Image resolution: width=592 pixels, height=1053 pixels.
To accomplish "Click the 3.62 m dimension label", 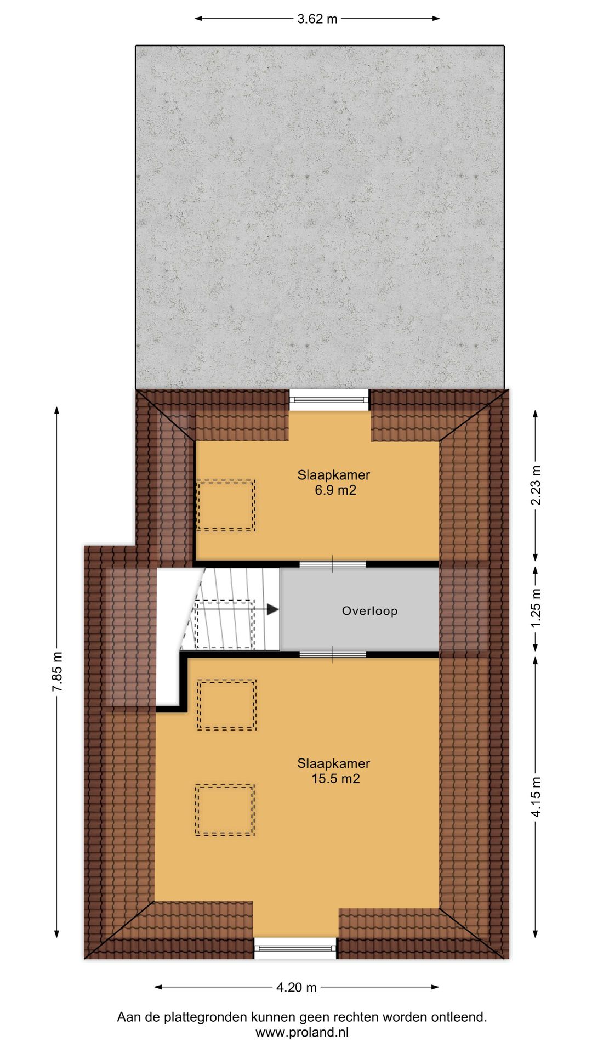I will (317, 19).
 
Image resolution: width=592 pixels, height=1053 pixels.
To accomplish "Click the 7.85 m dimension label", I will (58, 671).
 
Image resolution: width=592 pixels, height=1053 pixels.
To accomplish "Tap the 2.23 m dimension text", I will (536, 485).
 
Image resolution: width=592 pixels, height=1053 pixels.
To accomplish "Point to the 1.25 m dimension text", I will (536, 608).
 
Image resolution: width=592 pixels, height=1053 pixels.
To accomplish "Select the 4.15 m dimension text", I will (536, 797).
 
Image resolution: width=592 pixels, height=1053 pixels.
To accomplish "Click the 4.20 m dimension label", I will (297, 987).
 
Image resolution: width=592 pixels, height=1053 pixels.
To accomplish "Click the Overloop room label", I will (369, 611).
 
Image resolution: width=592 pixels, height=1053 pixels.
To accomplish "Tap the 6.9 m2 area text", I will (335, 490).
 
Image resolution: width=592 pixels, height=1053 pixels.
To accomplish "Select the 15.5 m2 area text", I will (335, 779).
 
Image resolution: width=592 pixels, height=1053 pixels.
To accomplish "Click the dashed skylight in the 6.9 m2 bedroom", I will (225, 505).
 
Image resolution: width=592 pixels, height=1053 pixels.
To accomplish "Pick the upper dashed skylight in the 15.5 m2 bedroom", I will (226, 705).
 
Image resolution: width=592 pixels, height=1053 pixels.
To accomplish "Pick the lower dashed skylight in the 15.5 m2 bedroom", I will (224, 810).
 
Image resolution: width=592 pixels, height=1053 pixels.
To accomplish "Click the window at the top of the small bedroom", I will (329, 400).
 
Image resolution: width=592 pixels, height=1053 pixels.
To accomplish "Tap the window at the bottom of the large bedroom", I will (295, 948).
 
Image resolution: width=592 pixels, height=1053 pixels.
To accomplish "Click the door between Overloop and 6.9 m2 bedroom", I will (333, 564).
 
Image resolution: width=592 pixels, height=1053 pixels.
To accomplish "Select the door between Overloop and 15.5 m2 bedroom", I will (333, 655).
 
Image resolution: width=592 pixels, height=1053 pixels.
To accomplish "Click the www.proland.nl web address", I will (301, 1032).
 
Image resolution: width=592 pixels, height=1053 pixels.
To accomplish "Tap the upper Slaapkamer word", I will (333, 475).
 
